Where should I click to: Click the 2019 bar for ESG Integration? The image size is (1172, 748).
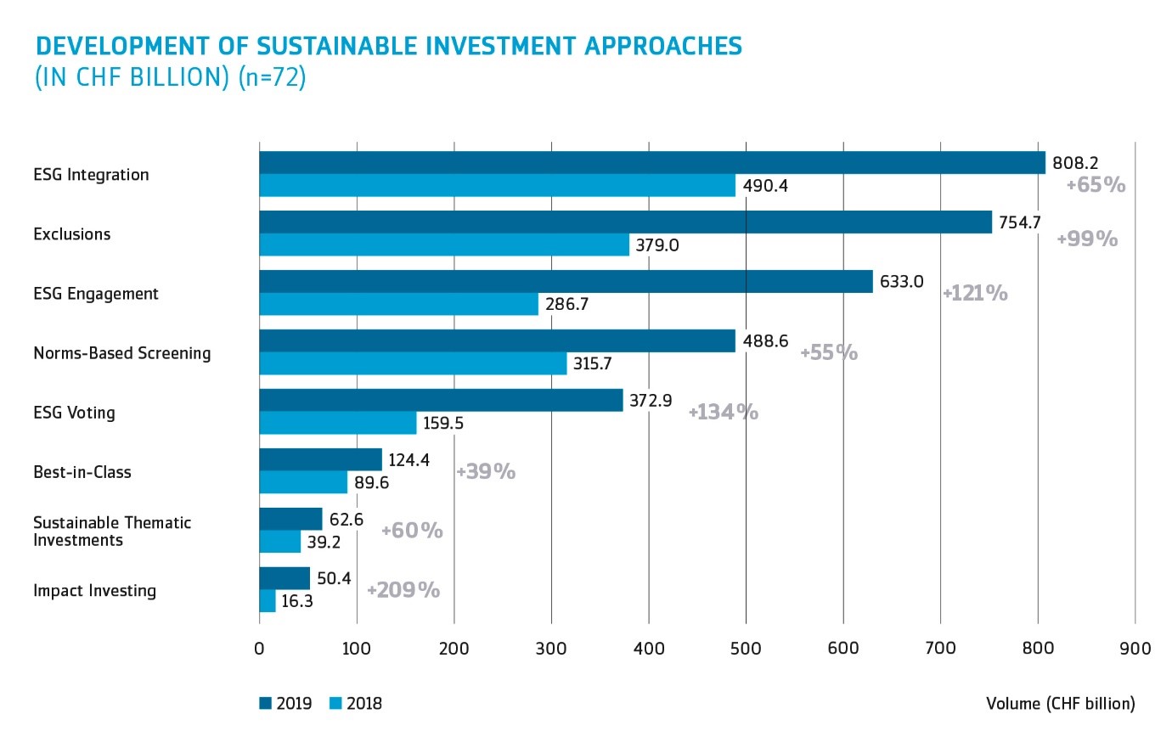point(652,163)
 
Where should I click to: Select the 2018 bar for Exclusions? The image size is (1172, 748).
point(444,245)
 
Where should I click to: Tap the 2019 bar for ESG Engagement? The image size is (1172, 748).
point(566,282)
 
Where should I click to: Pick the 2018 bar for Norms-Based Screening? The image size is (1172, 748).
point(413,363)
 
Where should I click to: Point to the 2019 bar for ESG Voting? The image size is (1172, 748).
point(441,401)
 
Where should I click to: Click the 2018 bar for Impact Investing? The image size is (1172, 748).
point(268,601)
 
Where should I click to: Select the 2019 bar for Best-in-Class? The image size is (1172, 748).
point(320,460)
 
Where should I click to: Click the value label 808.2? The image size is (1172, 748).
point(1075,163)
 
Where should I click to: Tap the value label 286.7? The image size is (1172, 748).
point(566,304)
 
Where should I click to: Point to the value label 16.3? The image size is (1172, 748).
point(297,601)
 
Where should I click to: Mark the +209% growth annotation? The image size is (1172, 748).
point(403,590)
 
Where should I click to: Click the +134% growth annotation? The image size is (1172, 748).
point(723,412)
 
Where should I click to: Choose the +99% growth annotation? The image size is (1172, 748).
point(1087,239)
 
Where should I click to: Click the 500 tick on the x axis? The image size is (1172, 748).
point(746,649)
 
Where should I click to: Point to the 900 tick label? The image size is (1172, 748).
point(1135,649)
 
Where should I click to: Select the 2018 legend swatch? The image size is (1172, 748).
point(335,703)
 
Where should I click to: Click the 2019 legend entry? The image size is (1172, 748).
point(286,703)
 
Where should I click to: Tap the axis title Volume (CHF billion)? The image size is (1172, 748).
point(1060,703)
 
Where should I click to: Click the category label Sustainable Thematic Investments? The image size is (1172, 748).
point(112,531)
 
